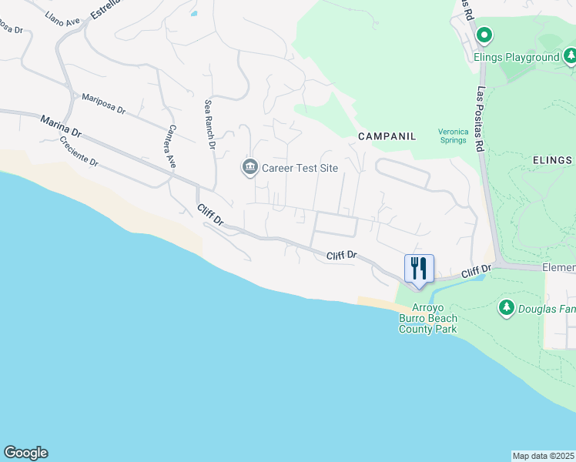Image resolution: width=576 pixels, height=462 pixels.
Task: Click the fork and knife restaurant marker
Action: tap(419, 269)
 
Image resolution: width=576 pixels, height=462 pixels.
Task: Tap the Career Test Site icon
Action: tap(249, 168)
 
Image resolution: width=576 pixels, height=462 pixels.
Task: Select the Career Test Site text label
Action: tap(300, 169)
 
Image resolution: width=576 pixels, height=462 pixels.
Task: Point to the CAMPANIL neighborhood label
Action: tap(387, 136)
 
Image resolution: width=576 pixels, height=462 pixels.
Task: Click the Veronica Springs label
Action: tap(453, 136)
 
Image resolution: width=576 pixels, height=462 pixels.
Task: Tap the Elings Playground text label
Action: tap(527, 58)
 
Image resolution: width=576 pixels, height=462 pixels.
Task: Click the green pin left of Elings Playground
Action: tap(484, 35)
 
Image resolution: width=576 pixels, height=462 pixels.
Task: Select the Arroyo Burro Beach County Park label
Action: tap(427, 319)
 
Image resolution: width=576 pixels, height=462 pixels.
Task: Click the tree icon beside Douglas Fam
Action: tap(506, 308)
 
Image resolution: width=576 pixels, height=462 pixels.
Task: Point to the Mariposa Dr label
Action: tap(102, 104)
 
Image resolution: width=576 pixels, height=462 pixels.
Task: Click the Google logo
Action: tap(25, 453)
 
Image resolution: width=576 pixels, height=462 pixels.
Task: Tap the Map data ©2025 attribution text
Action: tap(543, 456)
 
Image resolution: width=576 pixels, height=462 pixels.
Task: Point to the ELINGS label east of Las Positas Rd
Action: tap(552, 160)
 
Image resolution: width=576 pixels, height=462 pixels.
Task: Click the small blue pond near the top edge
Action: tap(193, 12)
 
